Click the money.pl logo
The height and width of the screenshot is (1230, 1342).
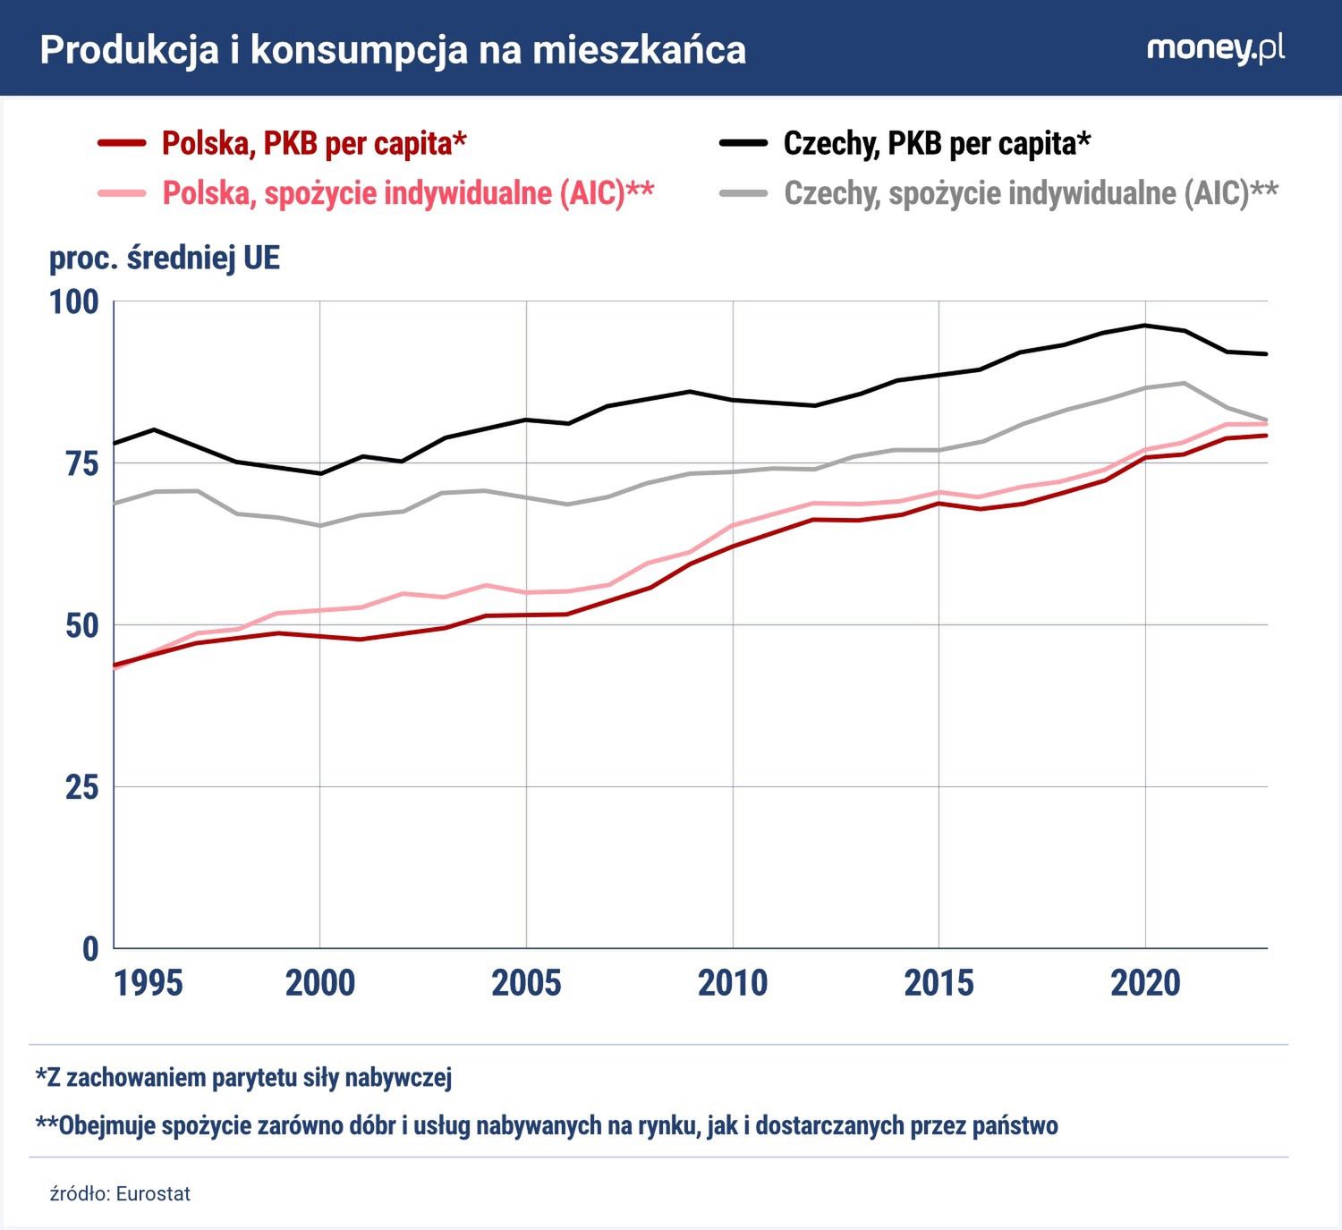click(1215, 48)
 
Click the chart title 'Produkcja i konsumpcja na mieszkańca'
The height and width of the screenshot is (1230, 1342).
click(393, 50)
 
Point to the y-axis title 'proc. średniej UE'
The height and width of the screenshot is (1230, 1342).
click(165, 258)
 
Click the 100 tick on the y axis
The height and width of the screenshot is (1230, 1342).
click(73, 301)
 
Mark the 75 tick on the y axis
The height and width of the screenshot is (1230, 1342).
click(81, 463)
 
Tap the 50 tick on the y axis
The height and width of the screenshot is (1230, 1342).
click(81, 625)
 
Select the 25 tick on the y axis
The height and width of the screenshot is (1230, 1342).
click(81, 787)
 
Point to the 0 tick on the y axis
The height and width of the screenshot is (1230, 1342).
click(89, 948)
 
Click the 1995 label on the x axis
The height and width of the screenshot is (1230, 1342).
click(149, 983)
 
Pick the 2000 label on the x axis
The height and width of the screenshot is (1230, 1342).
click(320, 983)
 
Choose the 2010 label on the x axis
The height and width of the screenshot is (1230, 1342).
click(733, 983)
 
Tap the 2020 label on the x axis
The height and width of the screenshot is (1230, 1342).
click(1145, 983)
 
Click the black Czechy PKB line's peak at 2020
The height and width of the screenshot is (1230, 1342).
click(1145, 326)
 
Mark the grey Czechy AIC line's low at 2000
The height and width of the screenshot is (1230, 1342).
click(320, 526)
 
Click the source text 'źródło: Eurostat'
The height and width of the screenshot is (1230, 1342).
click(120, 1194)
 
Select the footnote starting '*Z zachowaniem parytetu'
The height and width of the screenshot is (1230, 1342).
click(243, 1077)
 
